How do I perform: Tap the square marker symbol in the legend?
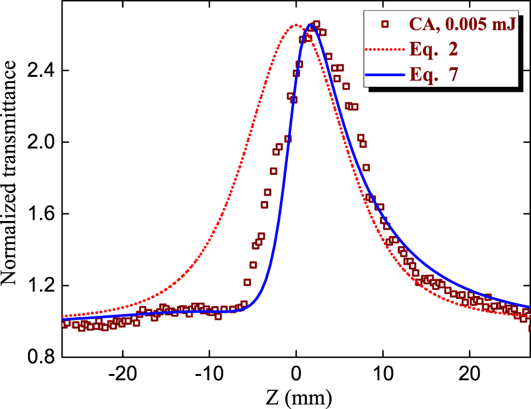[385, 25]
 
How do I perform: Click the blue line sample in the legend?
[385, 75]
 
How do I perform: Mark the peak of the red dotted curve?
[296, 25]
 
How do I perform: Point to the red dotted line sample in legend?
[385, 50]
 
